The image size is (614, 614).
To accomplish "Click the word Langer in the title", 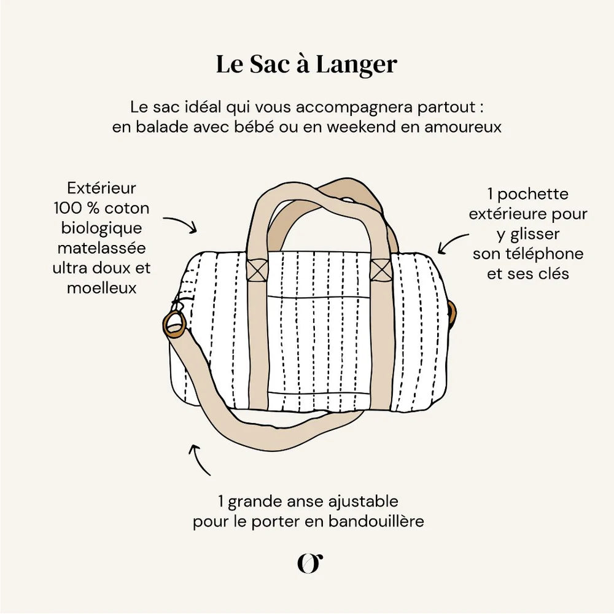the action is coord(356,65).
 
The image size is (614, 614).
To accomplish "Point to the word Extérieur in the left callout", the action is coord(101,188).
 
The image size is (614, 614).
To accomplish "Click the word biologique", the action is coord(101,228).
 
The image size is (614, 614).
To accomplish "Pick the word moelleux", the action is coord(102,288).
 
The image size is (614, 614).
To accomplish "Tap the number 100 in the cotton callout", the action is coord(68,208).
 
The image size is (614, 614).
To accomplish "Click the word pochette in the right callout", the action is coord(532,194).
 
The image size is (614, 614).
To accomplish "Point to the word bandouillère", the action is coord(376,521).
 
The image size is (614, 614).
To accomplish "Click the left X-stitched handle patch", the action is coord(257,270).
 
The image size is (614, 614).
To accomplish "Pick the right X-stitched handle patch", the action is coord(381,270).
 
